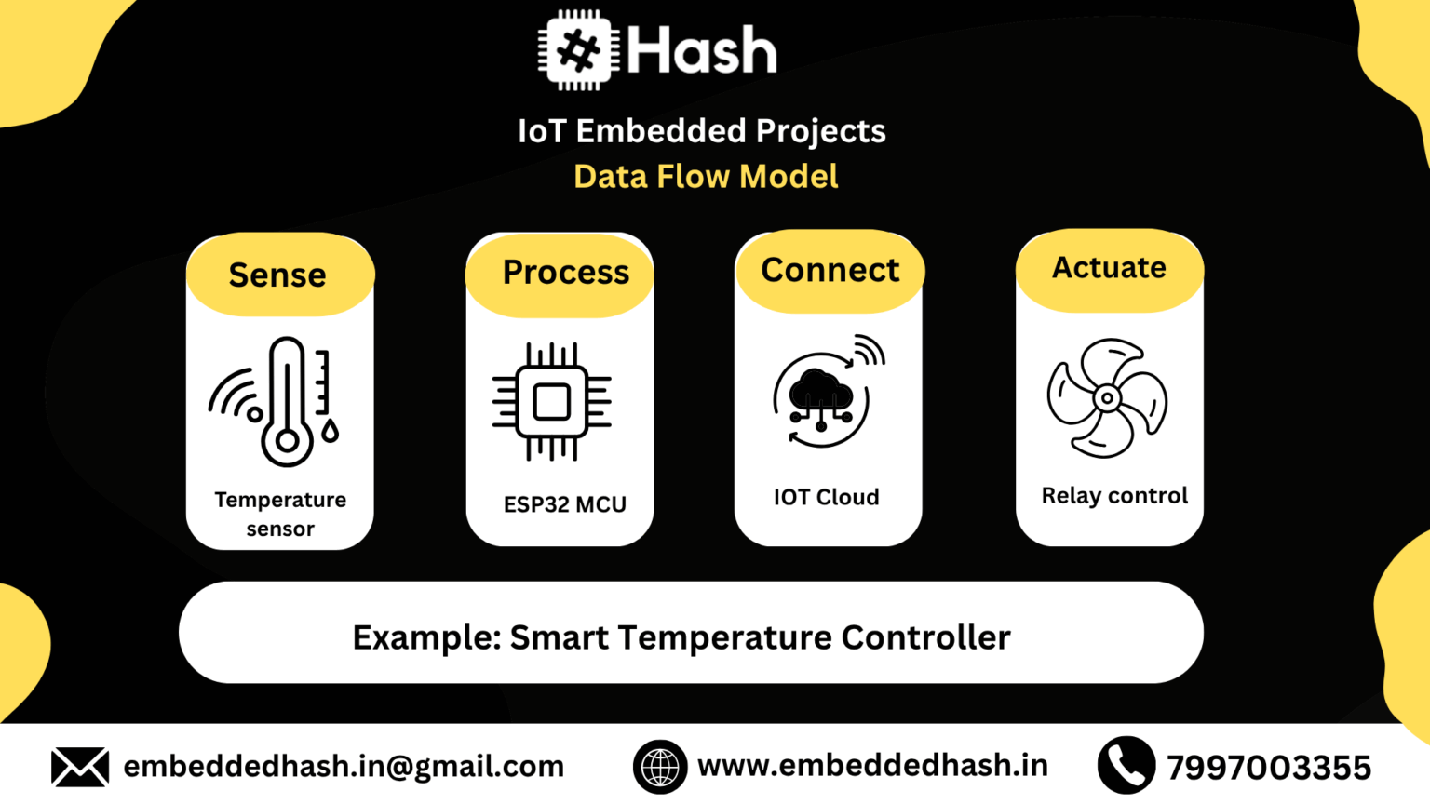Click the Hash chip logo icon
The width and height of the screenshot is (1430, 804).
click(x=578, y=50)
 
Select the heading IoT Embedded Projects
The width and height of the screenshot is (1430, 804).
click(x=702, y=131)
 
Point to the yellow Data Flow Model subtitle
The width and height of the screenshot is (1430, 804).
click(x=706, y=177)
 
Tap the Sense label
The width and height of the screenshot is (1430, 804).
click(x=277, y=275)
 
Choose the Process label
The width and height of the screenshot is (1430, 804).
click(x=566, y=273)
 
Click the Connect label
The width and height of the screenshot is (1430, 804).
click(x=830, y=270)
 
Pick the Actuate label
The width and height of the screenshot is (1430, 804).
click(x=1109, y=268)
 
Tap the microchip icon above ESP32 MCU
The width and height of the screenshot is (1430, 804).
click(x=551, y=402)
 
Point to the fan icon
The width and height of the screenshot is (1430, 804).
click(x=1107, y=398)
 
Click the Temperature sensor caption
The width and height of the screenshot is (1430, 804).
click(x=280, y=514)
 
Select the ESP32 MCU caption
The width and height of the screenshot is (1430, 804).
click(x=565, y=504)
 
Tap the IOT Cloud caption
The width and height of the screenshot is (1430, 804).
click(x=827, y=497)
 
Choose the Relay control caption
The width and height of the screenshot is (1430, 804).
click(x=1114, y=495)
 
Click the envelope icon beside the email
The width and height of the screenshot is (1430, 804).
click(x=80, y=767)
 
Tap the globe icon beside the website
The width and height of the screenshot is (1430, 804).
click(x=660, y=767)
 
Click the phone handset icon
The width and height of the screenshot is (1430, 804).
click(x=1126, y=765)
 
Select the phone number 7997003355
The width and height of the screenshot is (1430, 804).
click(x=1269, y=768)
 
